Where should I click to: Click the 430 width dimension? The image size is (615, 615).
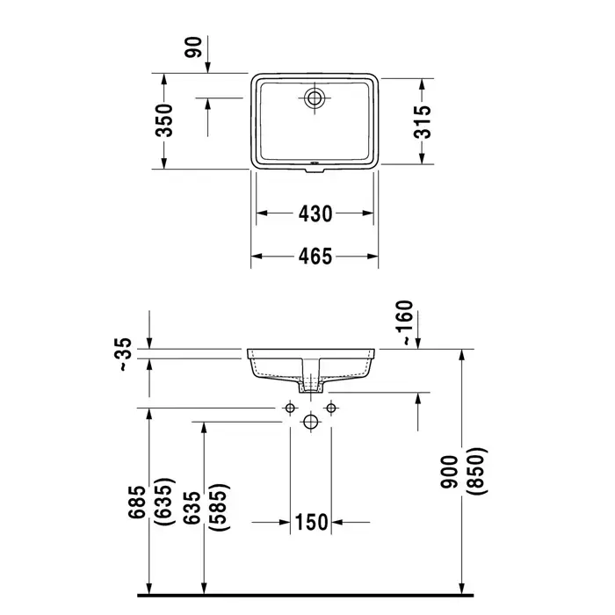315,213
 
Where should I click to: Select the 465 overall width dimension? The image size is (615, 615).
315,257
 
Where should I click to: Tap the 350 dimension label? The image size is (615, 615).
164,120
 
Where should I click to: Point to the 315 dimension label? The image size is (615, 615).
422,122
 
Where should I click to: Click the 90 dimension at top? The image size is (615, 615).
193,47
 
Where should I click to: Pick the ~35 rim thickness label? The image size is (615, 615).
125,354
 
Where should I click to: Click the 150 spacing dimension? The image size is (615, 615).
311,522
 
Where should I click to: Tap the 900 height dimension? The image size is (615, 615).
449,472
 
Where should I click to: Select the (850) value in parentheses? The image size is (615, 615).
478,471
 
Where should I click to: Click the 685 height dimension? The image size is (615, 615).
137,502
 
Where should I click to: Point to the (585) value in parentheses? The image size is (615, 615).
219,508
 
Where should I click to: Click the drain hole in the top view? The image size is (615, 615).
315,98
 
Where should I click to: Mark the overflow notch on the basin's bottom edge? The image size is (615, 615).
315,170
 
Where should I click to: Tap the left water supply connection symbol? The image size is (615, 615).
290,409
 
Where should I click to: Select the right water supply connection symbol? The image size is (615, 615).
331,409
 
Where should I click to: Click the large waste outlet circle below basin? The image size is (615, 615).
311,422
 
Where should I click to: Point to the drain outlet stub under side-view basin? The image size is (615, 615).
311,388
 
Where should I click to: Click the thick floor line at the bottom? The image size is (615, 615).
305,596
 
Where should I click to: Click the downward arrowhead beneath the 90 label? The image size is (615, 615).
207,68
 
